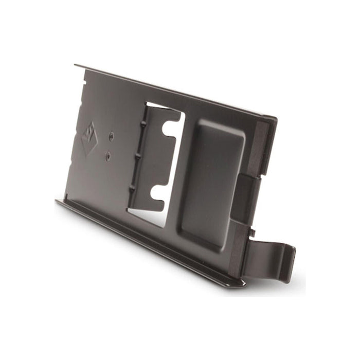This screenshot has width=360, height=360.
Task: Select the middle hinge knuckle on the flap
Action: tap(139, 154)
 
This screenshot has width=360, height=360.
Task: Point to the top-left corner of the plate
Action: tap(75, 65)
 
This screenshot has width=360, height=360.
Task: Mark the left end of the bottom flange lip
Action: tap(58, 202)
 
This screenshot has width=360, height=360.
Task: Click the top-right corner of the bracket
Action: tap(276, 119)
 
